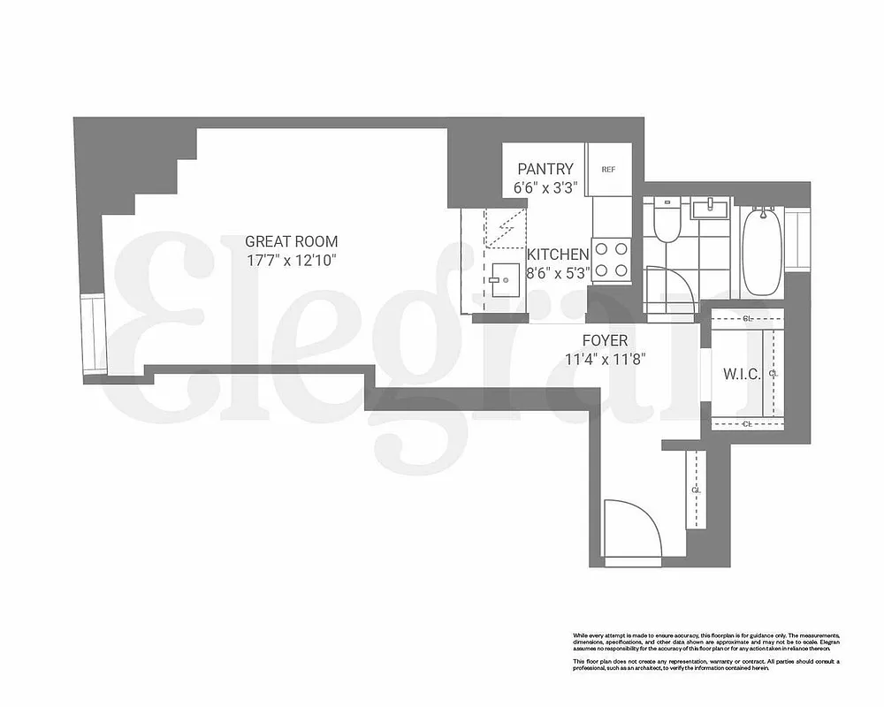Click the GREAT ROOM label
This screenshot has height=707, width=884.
tap(291, 241)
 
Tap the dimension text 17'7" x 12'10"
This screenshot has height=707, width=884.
tap(291, 261)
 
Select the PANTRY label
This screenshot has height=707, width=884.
tap(545, 169)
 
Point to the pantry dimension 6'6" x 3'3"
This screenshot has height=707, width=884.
tap(545, 187)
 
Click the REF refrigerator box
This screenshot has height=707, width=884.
tap(608, 169)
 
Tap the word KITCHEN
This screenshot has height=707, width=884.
tap(558, 254)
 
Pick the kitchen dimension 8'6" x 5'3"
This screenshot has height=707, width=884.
tap(558, 273)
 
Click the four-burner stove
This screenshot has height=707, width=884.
tap(611, 260)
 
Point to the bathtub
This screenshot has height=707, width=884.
tap(760, 251)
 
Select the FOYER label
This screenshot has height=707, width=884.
tap(605, 340)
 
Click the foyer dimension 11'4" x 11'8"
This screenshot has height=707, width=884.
tap(605, 359)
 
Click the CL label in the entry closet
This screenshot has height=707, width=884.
tap(696, 489)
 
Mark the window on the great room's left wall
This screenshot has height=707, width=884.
tap(93, 335)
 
